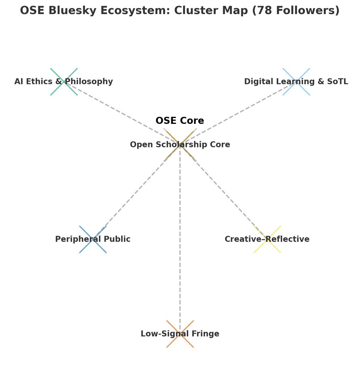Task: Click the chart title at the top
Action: [180, 10]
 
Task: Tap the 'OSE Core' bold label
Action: [180, 121]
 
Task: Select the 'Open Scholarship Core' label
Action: [180, 145]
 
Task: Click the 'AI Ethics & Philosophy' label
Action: [64, 82]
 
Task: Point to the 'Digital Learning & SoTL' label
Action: [296, 82]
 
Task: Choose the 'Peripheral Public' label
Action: [93, 239]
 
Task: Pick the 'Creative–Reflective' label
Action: [267, 239]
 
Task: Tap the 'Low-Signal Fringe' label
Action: [180, 334]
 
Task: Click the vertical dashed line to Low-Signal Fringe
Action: [180, 241]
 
